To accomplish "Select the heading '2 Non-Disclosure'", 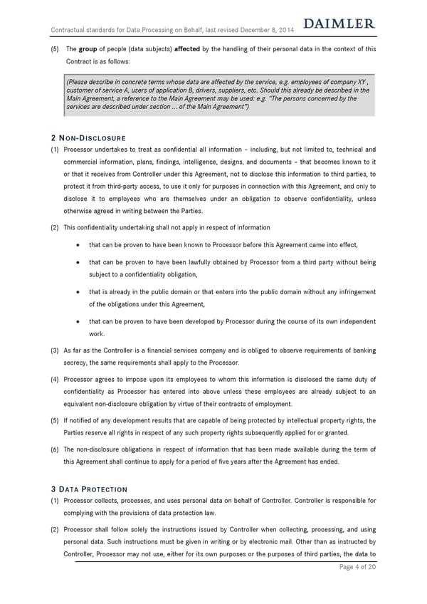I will click(88, 137).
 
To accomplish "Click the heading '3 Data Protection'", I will click(89, 489).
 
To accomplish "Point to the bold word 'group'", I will click(88, 48).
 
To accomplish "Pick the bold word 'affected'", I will click(188, 48).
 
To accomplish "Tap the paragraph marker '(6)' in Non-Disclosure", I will click(55, 449).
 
